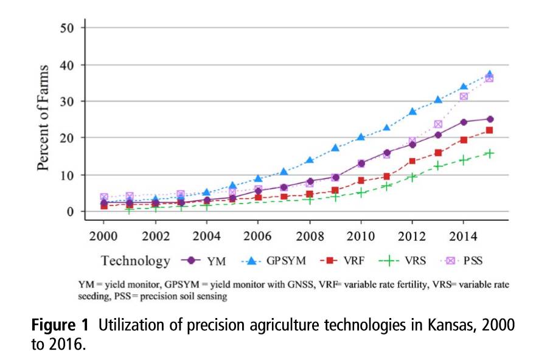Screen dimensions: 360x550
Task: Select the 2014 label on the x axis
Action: (x=463, y=234)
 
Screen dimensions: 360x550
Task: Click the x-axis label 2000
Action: (x=104, y=234)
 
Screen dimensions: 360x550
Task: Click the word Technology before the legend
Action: (x=136, y=261)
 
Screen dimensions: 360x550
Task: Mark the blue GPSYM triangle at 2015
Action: (x=489, y=75)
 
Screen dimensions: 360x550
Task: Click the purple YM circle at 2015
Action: (x=489, y=119)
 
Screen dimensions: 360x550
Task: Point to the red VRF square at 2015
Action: (x=489, y=130)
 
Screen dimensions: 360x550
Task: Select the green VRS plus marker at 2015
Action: (x=489, y=153)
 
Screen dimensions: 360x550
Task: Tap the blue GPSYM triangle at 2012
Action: (x=412, y=112)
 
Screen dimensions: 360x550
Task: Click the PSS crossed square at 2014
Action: (x=464, y=96)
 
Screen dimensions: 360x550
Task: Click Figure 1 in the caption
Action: (x=60, y=325)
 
